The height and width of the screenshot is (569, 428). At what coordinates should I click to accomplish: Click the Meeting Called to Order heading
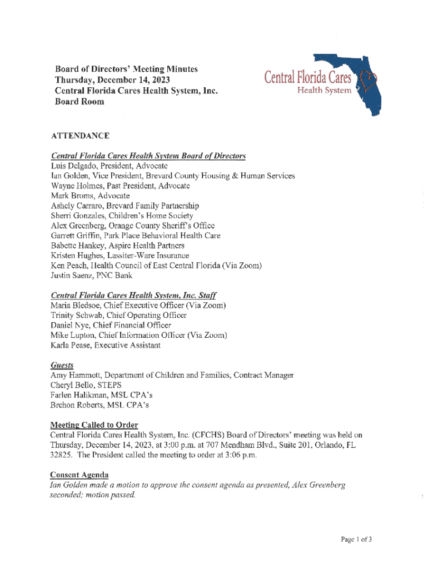pyautogui.click(x=94, y=426)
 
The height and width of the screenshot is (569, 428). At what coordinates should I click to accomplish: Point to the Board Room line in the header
pyautogui.click(x=79, y=102)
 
